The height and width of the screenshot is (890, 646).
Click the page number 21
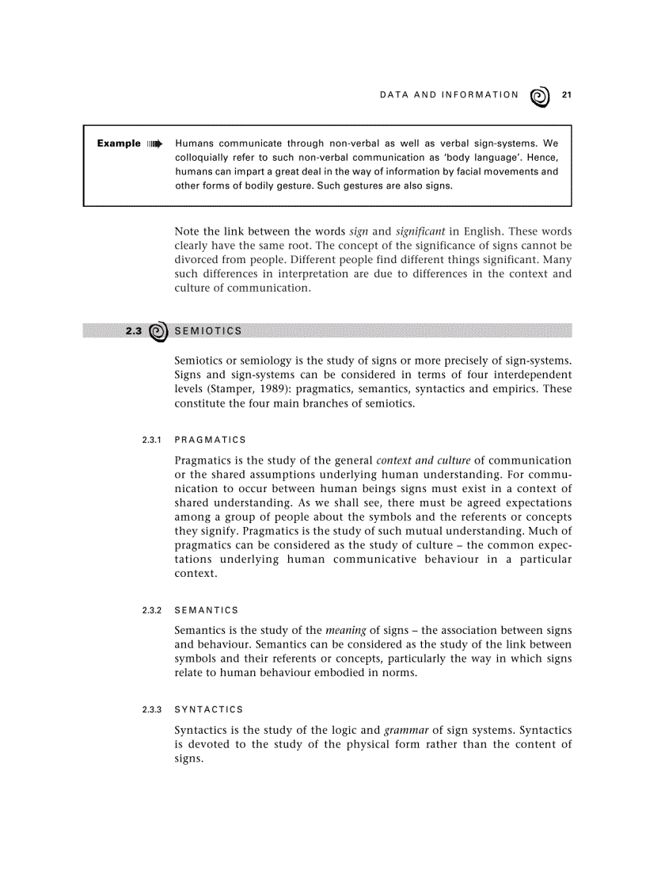(566, 95)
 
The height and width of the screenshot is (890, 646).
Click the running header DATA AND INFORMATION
(449, 95)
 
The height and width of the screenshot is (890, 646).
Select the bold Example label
(119, 143)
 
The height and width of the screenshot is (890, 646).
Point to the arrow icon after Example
(154, 144)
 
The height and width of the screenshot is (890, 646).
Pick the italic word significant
(421, 231)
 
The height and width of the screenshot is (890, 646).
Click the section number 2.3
(134, 330)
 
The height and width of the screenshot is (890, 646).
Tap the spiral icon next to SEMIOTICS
(158, 331)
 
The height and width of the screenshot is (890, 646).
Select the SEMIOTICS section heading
(208, 330)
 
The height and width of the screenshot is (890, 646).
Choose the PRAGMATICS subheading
(210, 440)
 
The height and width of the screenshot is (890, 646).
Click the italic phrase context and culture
(423, 460)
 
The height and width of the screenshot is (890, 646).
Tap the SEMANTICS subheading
(206, 610)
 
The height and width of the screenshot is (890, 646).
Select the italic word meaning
(345, 630)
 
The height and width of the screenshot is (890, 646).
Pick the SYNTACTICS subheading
(208, 709)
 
